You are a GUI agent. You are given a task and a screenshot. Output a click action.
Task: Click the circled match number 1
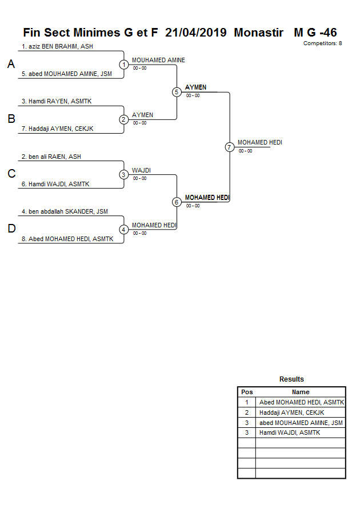click(x=124, y=65)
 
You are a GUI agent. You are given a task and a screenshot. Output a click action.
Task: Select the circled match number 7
click(x=230, y=147)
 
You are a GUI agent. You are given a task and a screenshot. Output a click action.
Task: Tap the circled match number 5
click(x=177, y=92)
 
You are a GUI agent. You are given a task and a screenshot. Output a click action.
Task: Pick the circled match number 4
click(x=124, y=230)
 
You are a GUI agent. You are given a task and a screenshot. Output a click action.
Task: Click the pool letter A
click(x=11, y=65)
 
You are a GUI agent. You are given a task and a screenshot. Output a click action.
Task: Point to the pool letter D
click(x=11, y=229)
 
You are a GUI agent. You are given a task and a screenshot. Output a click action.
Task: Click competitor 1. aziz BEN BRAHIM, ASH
click(x=57, y=46)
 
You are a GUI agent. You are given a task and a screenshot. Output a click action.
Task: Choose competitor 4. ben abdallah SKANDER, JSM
click(x=65, y=211)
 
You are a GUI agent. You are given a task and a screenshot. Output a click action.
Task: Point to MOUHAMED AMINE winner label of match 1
click(x=158, y=60)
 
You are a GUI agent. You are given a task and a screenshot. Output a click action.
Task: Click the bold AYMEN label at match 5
click(x=196, y=87)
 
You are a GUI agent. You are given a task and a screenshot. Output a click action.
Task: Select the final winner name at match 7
click(x=260, y=142)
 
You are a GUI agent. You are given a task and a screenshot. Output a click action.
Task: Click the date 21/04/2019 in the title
click(x=196, y=33)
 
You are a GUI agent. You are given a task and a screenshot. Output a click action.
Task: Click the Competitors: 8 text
click(x=323, y=43)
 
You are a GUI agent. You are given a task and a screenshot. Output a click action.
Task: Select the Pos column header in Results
click(x=247, y=392)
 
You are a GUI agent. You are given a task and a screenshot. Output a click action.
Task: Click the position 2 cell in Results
click(x=247, y=412)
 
